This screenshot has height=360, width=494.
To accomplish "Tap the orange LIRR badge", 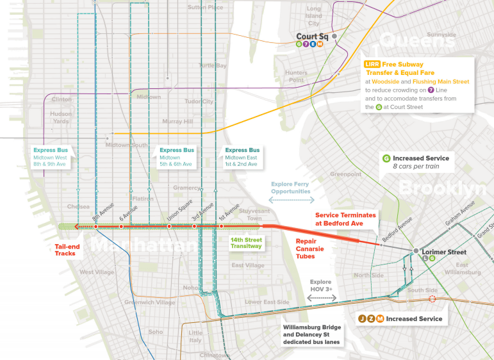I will point(372,65).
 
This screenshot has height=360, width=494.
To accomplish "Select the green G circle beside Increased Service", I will point(386,158).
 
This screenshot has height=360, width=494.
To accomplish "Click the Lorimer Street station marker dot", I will point(416,250).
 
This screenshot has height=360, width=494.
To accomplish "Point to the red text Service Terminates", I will point(346,215).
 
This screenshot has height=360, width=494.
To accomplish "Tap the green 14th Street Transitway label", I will point(246,243).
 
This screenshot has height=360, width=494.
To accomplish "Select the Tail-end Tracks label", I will point(69,249).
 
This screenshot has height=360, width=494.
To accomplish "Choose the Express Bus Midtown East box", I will point(242,158).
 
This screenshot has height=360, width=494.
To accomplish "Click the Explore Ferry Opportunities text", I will point(291,187).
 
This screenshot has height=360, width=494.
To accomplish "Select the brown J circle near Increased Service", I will point(362,319).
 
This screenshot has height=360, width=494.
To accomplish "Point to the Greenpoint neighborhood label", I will point(345,174).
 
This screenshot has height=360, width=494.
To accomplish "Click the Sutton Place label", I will point(205,8).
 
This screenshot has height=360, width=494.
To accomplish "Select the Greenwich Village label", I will point(149,302).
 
